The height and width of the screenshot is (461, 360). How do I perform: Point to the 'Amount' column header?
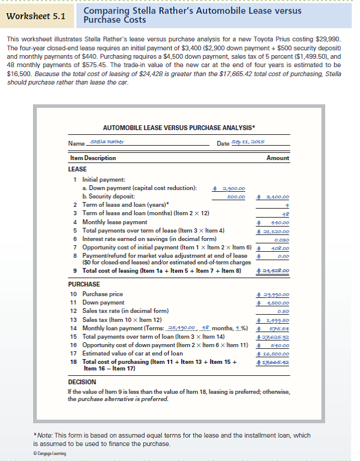pos(278,158)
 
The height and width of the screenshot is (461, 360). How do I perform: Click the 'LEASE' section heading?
pos(78,169)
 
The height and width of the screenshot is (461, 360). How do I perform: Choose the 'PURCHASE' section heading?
pos(84,284)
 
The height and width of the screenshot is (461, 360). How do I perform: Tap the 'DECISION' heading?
pos(83,381)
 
